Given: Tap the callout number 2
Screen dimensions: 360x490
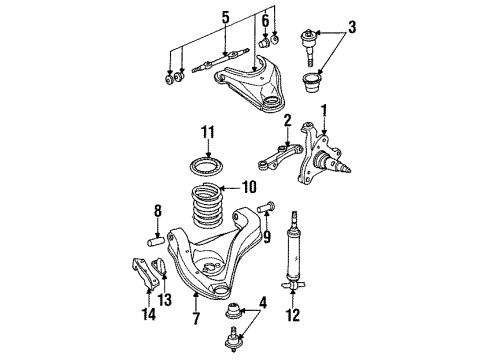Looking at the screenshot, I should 286,122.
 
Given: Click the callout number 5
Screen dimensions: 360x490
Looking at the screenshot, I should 225,17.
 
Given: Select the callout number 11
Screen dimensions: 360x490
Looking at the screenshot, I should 207,132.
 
